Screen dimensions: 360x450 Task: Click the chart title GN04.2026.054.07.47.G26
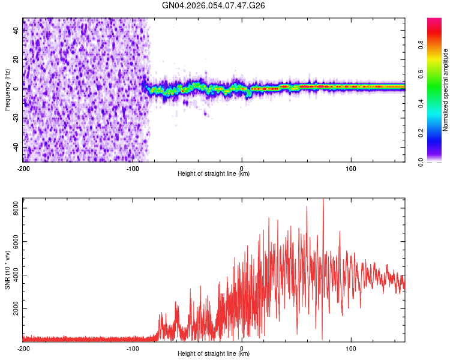click(214, 5)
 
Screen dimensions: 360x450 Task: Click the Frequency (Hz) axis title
click(7, 90)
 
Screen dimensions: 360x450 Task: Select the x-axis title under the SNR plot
click(214, 354)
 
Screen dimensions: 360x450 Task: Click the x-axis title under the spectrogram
click(214, 174)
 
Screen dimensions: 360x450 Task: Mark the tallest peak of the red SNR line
click(323, 199)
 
